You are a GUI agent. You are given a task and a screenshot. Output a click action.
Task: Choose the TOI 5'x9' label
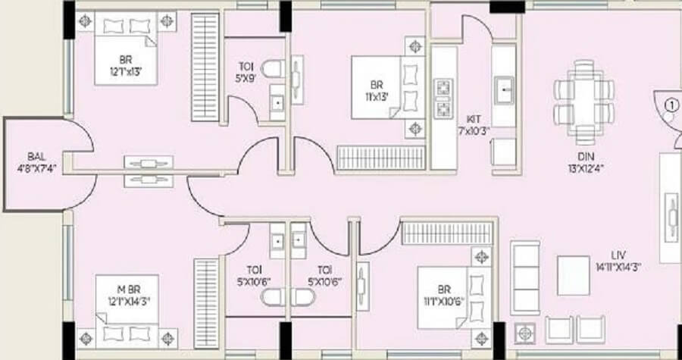pos(247,71)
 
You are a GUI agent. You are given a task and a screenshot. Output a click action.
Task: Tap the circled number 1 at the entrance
pos(669,105)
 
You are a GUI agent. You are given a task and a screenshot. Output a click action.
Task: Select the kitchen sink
pos(504,91)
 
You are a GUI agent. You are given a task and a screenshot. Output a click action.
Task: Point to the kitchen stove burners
pos(441,98)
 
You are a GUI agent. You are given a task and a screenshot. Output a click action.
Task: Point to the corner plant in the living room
pos(522,330)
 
